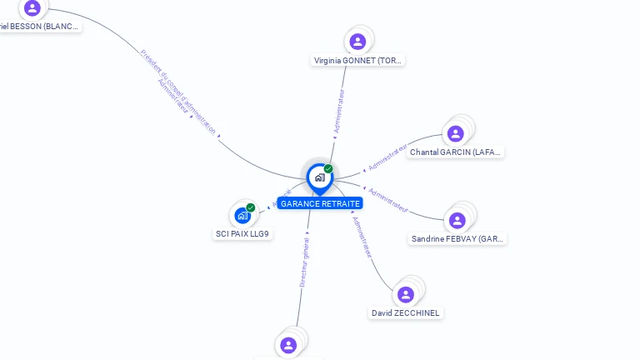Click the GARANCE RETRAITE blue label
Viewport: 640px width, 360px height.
(320, 203)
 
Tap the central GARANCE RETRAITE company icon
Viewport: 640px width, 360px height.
(319, 177)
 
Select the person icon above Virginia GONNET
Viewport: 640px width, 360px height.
(357, 42)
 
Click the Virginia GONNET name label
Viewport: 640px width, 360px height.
(357, 61)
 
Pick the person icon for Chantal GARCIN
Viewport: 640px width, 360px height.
(455, 133)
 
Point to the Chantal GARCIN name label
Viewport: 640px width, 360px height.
(456, 152)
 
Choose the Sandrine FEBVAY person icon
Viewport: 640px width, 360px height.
(457, 221)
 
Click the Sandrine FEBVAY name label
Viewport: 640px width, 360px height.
(457, 239)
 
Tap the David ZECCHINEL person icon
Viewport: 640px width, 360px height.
(406, 295)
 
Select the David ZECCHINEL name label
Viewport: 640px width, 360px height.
(406, 313)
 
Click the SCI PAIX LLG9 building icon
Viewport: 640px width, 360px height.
(242, 216)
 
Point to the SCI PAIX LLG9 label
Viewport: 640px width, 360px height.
(242, 234)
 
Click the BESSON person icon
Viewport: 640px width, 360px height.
(32, 8)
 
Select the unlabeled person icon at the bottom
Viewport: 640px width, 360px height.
(288, 345)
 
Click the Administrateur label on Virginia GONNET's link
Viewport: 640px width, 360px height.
(338, 111)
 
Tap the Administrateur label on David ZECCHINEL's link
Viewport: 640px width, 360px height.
(363, 238)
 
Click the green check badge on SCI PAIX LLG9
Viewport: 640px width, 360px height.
(251, 207)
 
